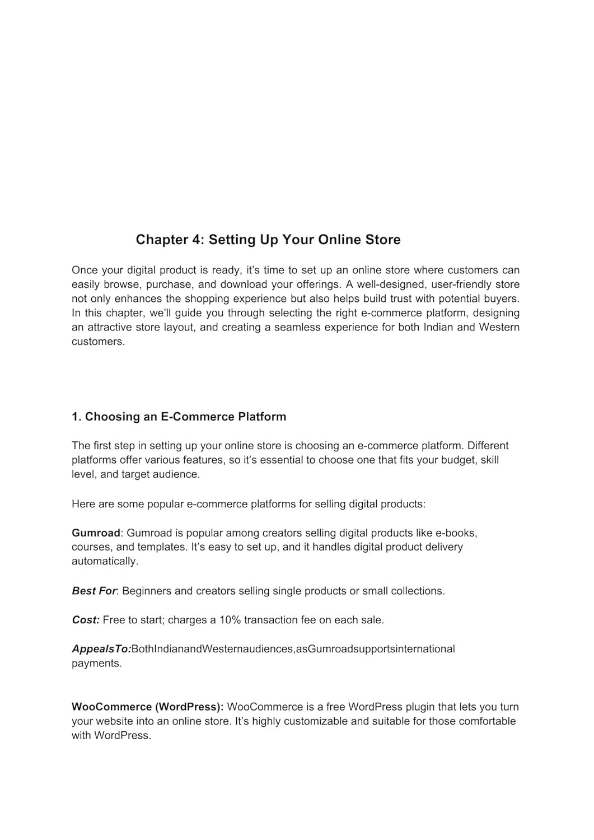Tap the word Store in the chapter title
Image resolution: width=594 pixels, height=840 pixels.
click(383, 240)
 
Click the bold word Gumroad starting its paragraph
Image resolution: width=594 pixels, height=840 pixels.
click(96, 533)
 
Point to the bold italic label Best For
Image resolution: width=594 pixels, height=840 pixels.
click(93, 591)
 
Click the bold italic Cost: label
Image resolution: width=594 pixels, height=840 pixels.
click(86, 620)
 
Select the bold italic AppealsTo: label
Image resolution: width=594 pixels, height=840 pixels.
click(101, 649)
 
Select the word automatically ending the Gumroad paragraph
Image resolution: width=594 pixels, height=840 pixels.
click(104, 561)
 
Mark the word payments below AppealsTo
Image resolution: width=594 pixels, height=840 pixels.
click(96, 664)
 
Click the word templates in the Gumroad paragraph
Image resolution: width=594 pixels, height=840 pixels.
click(161, 547)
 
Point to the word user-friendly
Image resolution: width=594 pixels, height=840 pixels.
click(461, 284)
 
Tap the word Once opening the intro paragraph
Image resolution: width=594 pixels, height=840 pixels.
click(85, 270)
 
